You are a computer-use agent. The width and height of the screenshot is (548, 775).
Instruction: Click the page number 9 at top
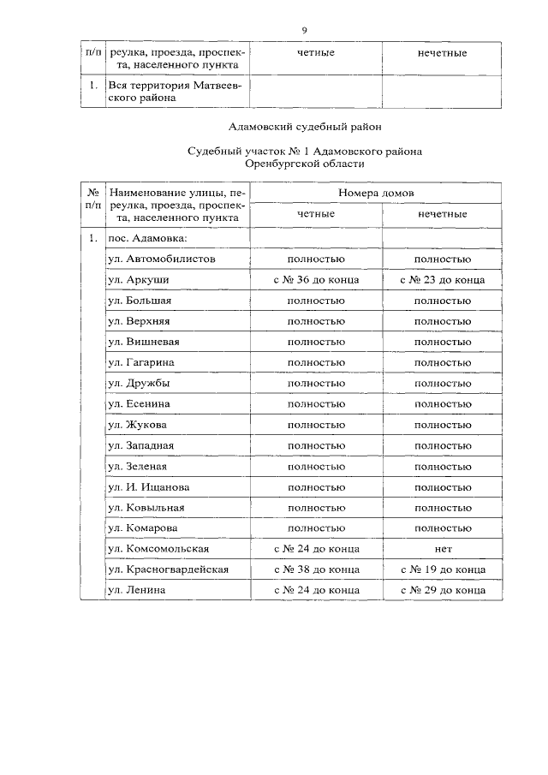(x=304, y=31)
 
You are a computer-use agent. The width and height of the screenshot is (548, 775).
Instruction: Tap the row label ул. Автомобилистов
(x=162, y=259)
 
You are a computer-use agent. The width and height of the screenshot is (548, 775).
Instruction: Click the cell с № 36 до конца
(x=316, y=280)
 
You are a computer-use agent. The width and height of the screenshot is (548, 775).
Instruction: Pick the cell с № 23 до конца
(x=442, y=280)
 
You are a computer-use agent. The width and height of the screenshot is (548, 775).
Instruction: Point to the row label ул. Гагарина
(x=142, y=363)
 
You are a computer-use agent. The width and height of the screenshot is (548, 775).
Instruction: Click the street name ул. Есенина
(x=140, y=404)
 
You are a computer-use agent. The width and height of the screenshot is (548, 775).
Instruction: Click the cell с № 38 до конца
(x=316, y=569)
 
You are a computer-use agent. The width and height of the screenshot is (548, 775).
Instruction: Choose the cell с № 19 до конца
(x=442, y=569)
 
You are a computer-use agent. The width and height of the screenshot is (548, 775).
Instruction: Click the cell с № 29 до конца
(x=442, y=590)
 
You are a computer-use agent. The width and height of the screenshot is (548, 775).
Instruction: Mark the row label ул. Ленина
(x=137, y=590)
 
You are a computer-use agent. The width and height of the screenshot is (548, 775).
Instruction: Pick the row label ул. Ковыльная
(x=146, y=508)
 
